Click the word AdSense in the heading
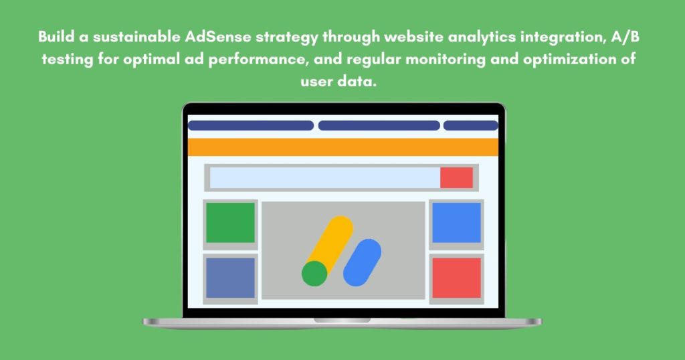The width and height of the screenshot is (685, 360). tap(214, 36)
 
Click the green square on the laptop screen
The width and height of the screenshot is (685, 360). tap(230, 222)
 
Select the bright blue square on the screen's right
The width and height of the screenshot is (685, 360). tap(456, 222)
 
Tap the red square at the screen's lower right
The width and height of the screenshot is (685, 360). tap(456, 278)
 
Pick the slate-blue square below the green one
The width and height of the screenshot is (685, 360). tap(230, 278)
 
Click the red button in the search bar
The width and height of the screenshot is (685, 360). tap(456, 177)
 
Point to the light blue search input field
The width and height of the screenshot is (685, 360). tap(324, 177)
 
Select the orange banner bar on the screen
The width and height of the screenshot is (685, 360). tap(342, 147)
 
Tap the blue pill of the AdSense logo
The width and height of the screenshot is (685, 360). tap(362, 262)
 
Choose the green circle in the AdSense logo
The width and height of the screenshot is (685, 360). tap(314, 273)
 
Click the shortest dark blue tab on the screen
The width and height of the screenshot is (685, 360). tap(470, 125)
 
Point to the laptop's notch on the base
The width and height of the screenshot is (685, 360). tap(342, 320)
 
